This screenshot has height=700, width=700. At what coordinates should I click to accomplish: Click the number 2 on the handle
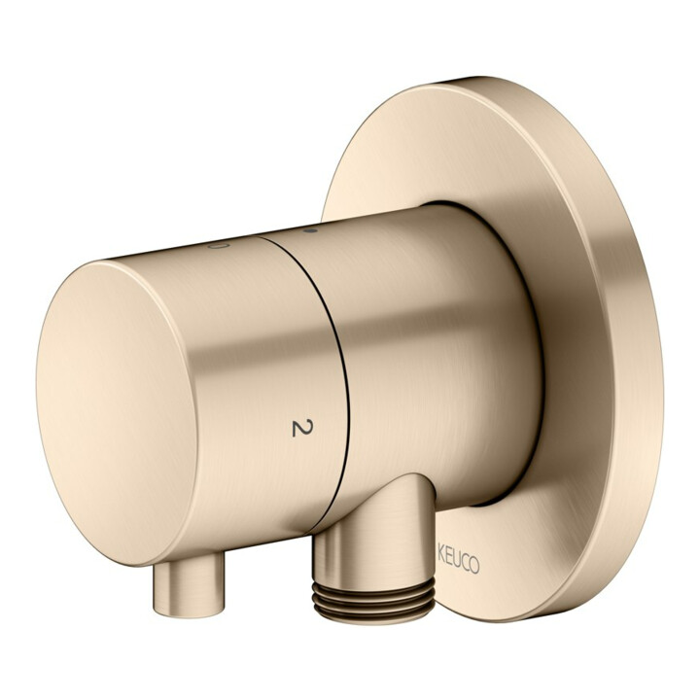pos(302,428)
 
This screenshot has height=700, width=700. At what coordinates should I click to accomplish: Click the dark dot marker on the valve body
pos(310,230)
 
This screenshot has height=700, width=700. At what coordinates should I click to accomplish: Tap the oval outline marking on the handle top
pos(219,246)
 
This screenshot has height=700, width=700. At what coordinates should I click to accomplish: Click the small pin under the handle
pos(189,584)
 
